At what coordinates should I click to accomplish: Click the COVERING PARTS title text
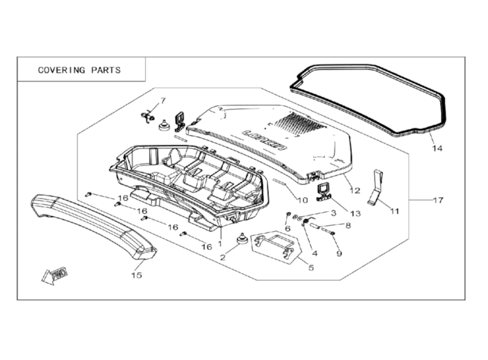tap(79, 70)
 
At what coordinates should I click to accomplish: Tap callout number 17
tap(438, 201)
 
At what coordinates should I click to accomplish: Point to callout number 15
tap(137, 275)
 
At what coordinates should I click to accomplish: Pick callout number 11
tap(395, 210)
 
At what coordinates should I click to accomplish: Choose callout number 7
tap(163, 101)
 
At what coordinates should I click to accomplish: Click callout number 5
tap(311, 266)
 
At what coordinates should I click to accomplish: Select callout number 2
tap(224, 257)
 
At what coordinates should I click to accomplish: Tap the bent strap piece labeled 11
tap(376, 187)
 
